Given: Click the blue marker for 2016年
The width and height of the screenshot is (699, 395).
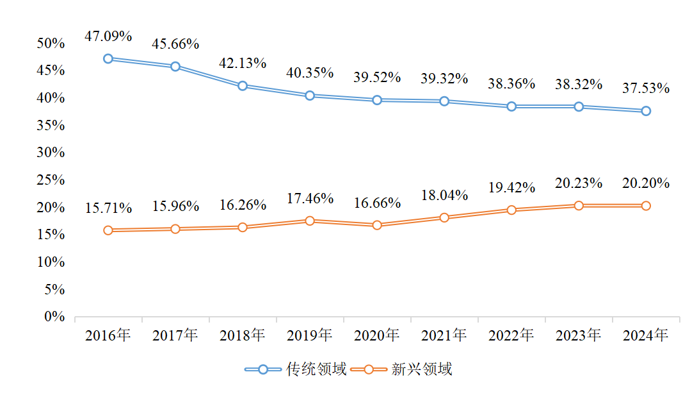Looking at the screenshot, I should pos(108,58).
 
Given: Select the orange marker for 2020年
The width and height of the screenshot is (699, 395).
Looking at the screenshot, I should pos(377,225).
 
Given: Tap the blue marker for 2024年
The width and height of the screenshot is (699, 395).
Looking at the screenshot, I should pos(646,111).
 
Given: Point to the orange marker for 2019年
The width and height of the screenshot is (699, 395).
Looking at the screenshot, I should pos(310,221).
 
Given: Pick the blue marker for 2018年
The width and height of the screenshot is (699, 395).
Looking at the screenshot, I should pos(243,86).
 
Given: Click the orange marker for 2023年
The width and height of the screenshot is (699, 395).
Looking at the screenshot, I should pos(579,205).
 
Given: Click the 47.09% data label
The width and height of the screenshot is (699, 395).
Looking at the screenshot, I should pos(108,36).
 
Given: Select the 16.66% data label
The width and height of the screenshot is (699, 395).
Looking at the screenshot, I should pos(377,203).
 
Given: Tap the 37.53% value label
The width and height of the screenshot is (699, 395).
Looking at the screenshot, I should pos(646,88).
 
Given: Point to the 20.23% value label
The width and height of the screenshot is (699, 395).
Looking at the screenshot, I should pos(579,183).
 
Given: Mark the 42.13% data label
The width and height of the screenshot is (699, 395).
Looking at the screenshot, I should pos(243,63).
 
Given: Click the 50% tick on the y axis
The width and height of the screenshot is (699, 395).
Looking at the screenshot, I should pos(51,44).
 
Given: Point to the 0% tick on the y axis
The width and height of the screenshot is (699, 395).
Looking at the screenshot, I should pos(55,317).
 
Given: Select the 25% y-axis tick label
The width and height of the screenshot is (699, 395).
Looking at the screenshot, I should pos(51,180).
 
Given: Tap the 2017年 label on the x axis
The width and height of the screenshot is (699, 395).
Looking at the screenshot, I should pos(175,335).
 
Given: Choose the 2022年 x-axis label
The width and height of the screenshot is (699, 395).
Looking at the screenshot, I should pos(511,335).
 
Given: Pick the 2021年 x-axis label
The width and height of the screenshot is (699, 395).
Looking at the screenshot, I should pos(444,335).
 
